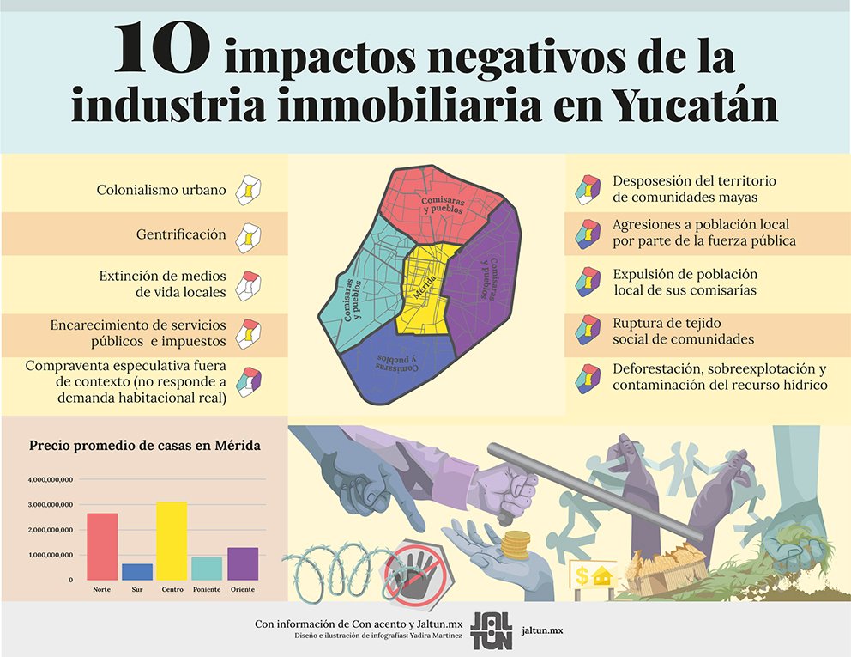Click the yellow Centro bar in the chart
point(172,541)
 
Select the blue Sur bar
point(137,572)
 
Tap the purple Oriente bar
point(243,563)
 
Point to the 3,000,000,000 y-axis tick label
point(51,504)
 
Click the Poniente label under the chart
point(207,590)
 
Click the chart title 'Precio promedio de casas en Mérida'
point(145,446)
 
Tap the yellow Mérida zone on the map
point(426,288)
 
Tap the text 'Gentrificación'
point(181,234)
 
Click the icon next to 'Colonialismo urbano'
point(249,190)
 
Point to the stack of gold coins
point(516,544)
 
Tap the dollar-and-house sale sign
point(594,575)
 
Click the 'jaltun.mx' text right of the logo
point(543,630)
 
